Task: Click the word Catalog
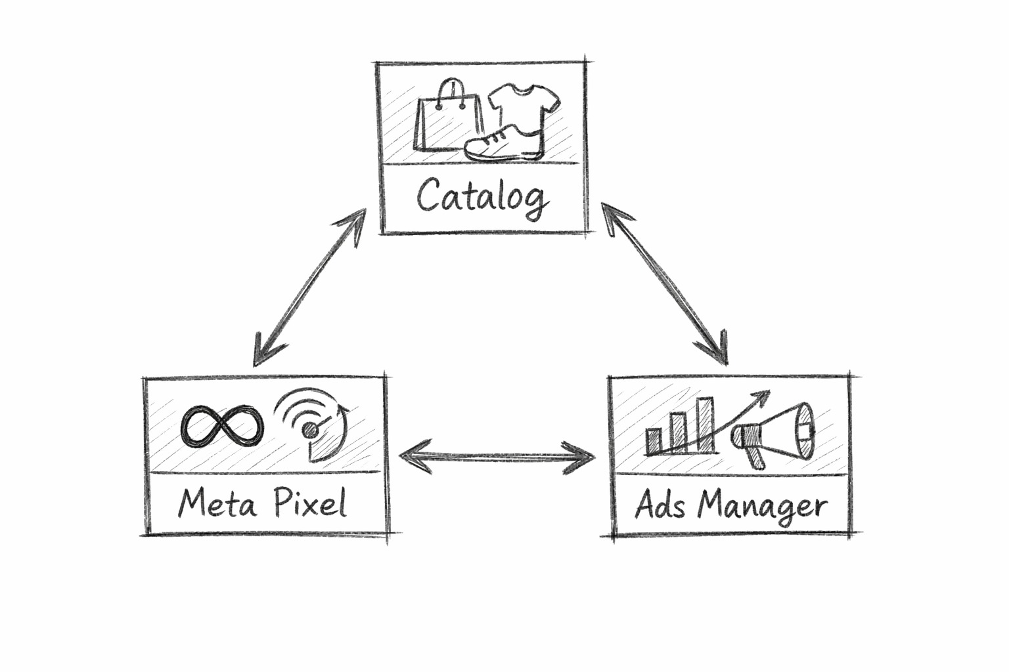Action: coord(482,196)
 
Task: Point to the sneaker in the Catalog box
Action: coord(503,144)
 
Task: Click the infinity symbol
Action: coord(222,426)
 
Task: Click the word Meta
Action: coord(217,505)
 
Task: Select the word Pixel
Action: coord(309,504)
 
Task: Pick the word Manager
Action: coord(762,507)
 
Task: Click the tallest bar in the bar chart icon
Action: coord(705,425)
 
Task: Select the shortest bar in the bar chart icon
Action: coord(654,442)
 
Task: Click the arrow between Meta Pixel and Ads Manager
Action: coord(497,456)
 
